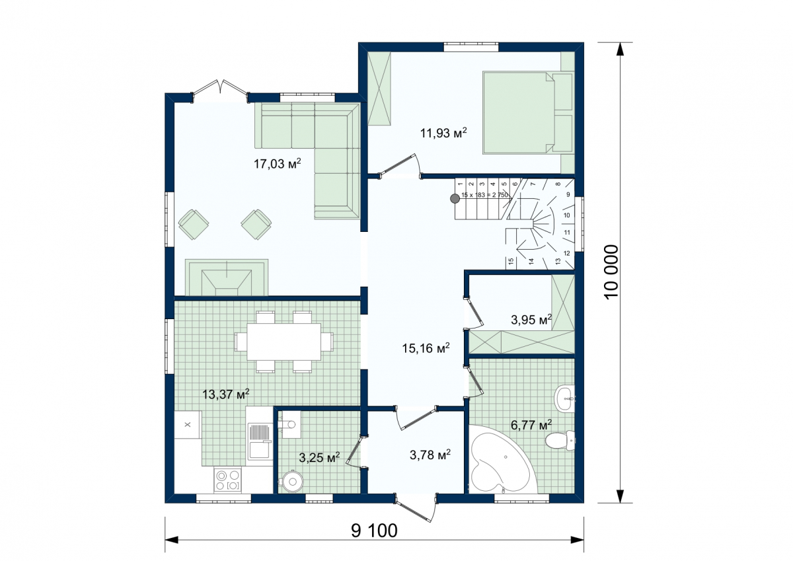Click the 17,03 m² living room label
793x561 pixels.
click(277, 163)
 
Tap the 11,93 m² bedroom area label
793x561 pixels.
click(443, 133)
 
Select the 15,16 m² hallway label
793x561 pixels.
click(426, 348)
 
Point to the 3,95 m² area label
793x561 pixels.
click(531, 320)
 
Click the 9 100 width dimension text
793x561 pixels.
click(374, 531)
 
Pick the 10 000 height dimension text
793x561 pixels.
click(611, 272)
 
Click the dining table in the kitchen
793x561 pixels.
click(284, 342)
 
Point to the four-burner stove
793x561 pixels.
click(227, 480)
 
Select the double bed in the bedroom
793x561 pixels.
click(528, 112)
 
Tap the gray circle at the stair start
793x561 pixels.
click(455, 198)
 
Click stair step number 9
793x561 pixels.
click(568, 194)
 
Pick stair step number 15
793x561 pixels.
click(510, 261)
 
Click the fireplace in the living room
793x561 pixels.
click(227, 277)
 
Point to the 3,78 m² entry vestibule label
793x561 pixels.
click(430, 455)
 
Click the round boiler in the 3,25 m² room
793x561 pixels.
click(292, 481)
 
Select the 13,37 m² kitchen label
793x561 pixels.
click(225, 394)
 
